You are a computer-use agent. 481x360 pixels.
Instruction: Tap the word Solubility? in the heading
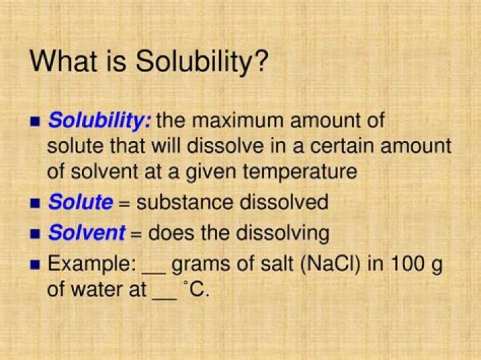coord(202,62)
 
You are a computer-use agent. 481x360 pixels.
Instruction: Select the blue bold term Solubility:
coord(100,122)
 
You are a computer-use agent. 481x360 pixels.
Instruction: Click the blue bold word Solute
coord(80,202)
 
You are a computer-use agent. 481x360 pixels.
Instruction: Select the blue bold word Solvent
coord(86,232)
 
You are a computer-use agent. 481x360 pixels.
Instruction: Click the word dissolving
coord(278,233)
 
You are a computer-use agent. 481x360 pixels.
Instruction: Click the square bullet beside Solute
coord(36,202)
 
